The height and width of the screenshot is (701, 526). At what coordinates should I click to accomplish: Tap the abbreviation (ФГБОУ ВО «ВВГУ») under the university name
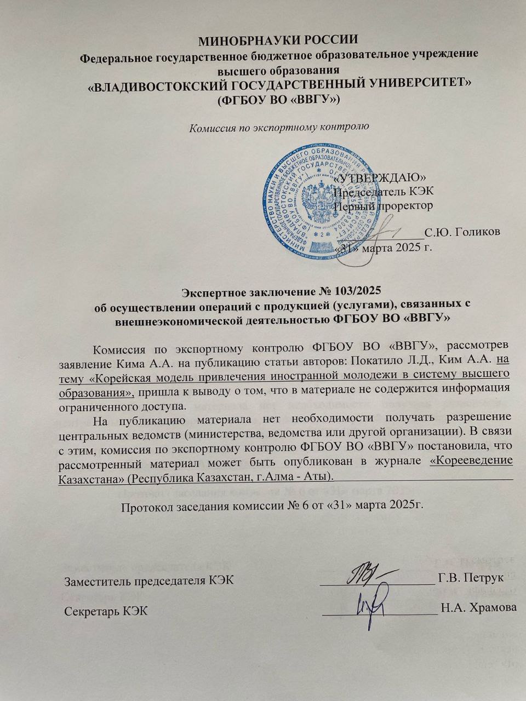pos(279,100)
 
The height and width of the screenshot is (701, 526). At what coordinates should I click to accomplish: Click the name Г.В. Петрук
pos(471,579)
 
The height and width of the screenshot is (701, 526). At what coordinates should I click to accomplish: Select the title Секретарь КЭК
pos(105,611)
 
